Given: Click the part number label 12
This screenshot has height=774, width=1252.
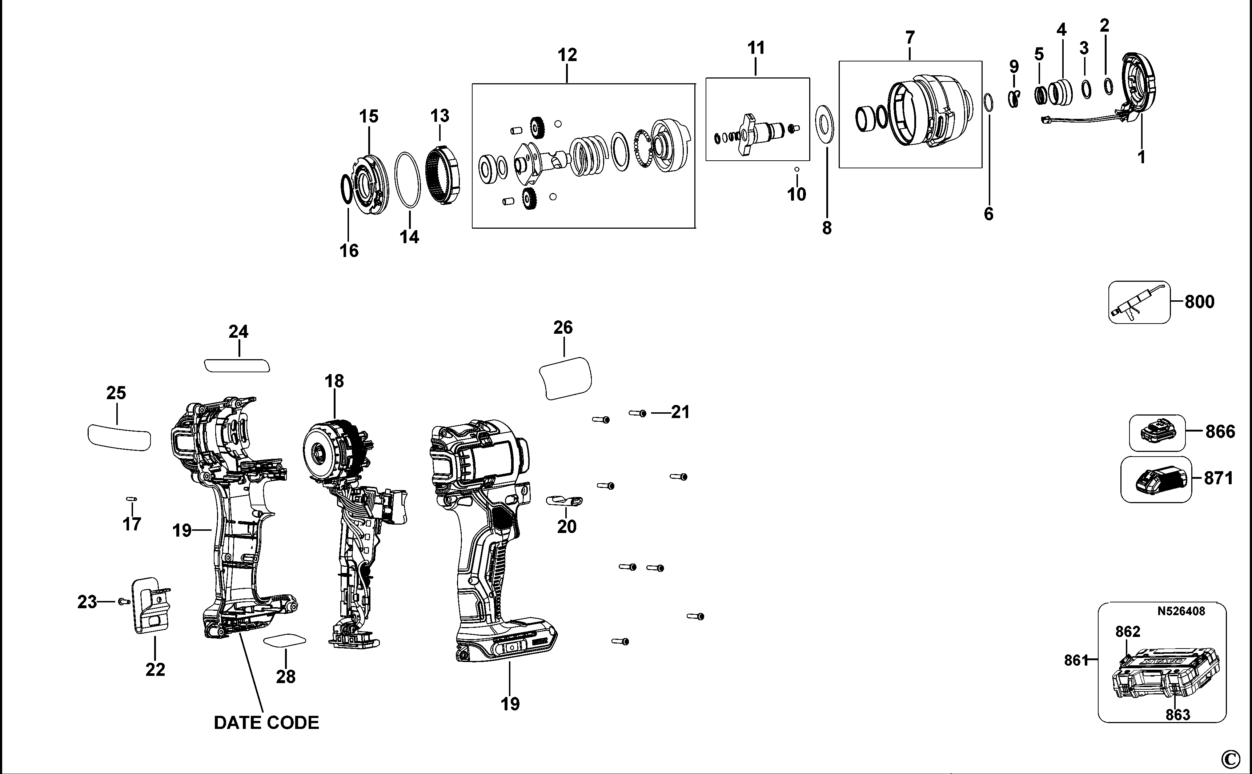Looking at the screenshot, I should (x=567, y=55).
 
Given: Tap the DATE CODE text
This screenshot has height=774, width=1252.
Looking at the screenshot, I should (x=266, y=723).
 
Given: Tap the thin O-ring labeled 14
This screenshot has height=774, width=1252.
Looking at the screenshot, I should (x=408, y=180).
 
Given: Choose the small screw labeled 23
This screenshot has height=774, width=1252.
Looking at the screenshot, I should (x=122, y=601).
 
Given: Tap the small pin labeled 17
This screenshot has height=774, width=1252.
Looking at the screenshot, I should (x=132, y=498).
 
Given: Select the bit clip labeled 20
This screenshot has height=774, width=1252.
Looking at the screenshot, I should (x=565, y=500).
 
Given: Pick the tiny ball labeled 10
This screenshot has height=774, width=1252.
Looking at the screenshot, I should (x=796, y=169).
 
